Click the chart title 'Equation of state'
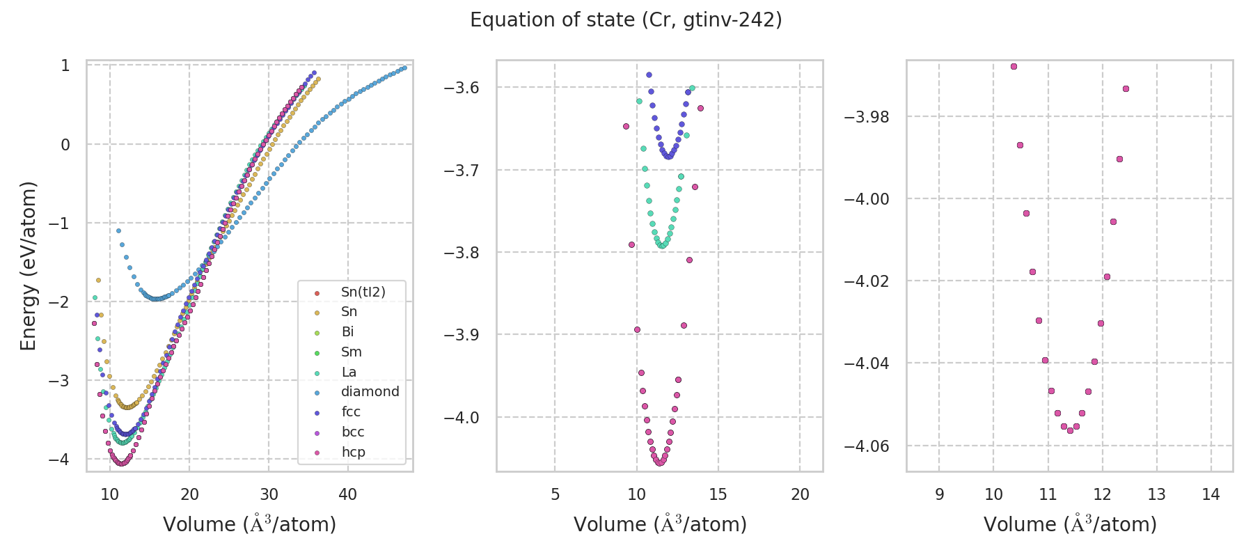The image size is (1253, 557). click(x=626, y=20)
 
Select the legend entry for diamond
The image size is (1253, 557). click(x=370, y=392)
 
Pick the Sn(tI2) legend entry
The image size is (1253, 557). click(x=363, y=292)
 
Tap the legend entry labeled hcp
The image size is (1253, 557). click(x=353, y=453)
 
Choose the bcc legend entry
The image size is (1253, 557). click(x=353, y=432)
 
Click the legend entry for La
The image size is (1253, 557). click(x=349, y=372)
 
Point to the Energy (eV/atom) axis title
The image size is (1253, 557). click(x=28, y=266)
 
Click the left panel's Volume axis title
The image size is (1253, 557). click(x=249, y=524)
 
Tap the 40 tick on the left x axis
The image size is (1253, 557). click(x=348, y=495)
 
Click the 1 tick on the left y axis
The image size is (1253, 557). click(x=65, y=65)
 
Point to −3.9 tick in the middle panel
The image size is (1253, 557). click(x=462, y=335)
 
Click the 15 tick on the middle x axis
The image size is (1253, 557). click(x=718, y=495)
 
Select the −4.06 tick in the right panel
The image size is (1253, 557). click(x=866, y=446)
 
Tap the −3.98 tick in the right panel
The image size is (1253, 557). click(x=866, y=117)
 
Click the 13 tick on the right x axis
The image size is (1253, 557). click(x=1156, y=495)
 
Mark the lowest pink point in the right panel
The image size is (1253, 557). click(x=1070, y=430)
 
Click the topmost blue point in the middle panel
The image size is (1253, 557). click(x=649, y=74)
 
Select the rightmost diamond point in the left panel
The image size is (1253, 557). click(x=404, y=68)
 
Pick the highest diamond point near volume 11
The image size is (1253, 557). click(x=118, y=230)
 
